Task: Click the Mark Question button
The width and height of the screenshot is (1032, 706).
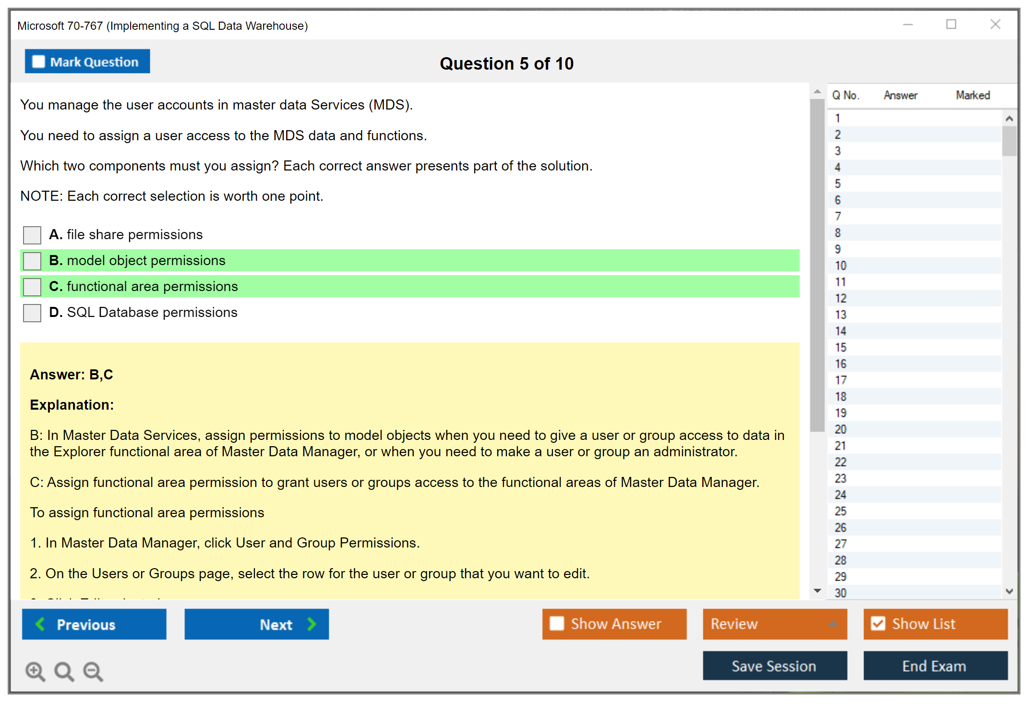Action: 87,61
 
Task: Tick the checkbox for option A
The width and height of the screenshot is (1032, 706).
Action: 32,235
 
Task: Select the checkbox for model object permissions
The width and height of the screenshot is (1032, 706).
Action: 32,261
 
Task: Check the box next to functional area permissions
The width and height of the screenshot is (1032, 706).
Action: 32,287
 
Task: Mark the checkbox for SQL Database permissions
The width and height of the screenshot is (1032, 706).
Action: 32,313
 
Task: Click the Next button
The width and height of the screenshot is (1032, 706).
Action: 257,624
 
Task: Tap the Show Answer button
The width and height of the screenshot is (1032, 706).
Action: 614,624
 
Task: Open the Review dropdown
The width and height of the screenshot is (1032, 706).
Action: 775,624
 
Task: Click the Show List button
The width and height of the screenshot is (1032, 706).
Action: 936,624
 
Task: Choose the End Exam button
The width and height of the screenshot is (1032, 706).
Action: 936,666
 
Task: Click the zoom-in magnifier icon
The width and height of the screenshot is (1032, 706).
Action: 36,671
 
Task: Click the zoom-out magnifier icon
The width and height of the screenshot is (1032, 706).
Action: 93,671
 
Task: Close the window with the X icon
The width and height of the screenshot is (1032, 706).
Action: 996,24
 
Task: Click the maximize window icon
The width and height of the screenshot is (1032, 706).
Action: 951,24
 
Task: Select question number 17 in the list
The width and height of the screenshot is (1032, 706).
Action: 840,380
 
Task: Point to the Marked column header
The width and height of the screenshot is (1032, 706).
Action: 973,95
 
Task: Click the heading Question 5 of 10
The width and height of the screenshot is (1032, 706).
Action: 507,63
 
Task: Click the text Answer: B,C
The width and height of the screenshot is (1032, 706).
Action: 72,375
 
